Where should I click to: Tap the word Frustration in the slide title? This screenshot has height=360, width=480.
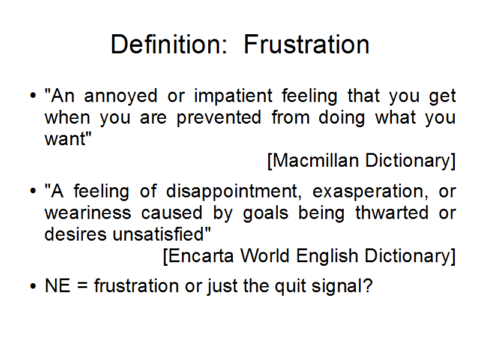[307, 44]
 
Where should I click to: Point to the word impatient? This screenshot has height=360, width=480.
[233, 97]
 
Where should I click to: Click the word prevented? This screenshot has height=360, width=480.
[218, 117]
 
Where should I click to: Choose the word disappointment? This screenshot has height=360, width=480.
[232, 192]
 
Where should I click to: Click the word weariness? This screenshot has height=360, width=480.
[88, 212]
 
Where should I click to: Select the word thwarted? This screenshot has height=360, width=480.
[392, 212]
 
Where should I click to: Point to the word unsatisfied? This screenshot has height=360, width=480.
[161, 234]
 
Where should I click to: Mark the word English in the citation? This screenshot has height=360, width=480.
[327, 256]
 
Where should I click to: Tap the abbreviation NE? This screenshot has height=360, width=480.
[58, 286]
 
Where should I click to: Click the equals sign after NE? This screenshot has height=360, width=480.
[82, 286]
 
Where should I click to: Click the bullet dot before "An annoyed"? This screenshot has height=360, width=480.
[33, 96]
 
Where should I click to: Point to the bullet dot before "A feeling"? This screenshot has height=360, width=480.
[33, 191]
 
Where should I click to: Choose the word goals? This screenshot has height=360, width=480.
[265, 214]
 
